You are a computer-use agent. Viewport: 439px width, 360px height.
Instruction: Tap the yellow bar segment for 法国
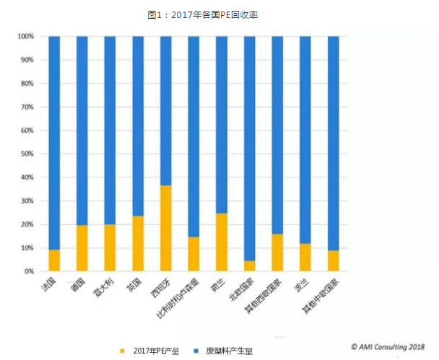54,260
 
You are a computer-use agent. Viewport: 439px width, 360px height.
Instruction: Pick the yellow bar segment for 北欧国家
249,266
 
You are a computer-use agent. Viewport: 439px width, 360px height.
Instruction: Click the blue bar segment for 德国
82,130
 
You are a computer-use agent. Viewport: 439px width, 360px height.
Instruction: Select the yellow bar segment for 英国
138,244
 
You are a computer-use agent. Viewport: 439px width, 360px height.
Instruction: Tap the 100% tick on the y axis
26,36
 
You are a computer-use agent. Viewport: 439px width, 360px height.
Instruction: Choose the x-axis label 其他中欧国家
318,297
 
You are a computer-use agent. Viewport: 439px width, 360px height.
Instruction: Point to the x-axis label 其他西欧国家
262,297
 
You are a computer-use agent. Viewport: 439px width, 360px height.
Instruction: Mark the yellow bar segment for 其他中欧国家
333,260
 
